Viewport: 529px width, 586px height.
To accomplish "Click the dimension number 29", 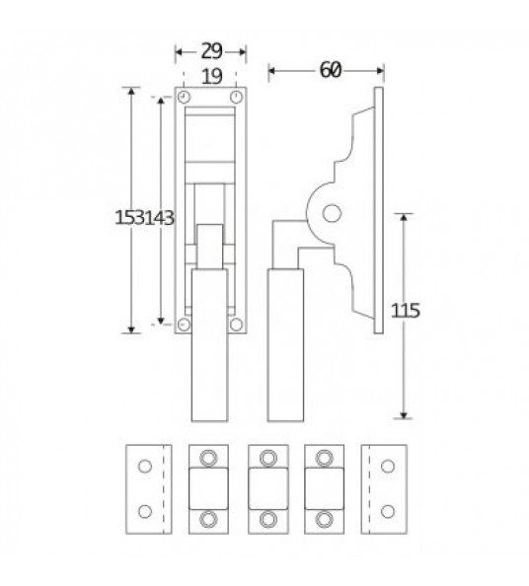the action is click(x=211, y=51).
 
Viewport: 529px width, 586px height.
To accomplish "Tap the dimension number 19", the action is click(x=212, y=77).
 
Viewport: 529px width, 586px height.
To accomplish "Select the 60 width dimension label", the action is click(x=331, y=70).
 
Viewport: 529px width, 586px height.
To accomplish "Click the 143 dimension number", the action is click(x=159, y=217).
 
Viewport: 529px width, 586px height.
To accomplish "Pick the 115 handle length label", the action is click(x=406, y=311).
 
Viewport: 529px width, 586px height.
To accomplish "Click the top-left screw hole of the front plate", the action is click(x=184, y=97).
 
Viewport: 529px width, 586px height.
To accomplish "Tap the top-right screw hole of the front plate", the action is click(x=236, y=97).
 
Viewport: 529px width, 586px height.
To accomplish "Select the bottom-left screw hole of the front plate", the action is click(x=184, y=325).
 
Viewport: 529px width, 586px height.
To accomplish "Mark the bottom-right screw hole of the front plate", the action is click(x=236, y=325).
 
